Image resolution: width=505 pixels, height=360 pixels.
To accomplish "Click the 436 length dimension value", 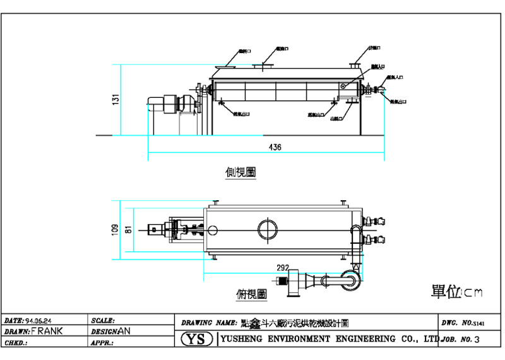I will click(275, 147).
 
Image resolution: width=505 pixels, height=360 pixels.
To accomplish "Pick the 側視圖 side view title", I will click(241, 172).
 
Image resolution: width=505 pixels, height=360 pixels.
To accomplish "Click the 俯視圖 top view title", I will click(251, 294).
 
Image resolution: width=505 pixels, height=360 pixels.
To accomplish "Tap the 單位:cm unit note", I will click(456, 291).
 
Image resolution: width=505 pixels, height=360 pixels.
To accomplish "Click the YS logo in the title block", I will click(198, 339).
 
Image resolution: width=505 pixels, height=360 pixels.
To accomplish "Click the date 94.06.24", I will click(39, 320).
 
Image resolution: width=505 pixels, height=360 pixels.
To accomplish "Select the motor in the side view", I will click(171, 104).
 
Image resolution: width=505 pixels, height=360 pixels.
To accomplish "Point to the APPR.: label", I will click(102, 343).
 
